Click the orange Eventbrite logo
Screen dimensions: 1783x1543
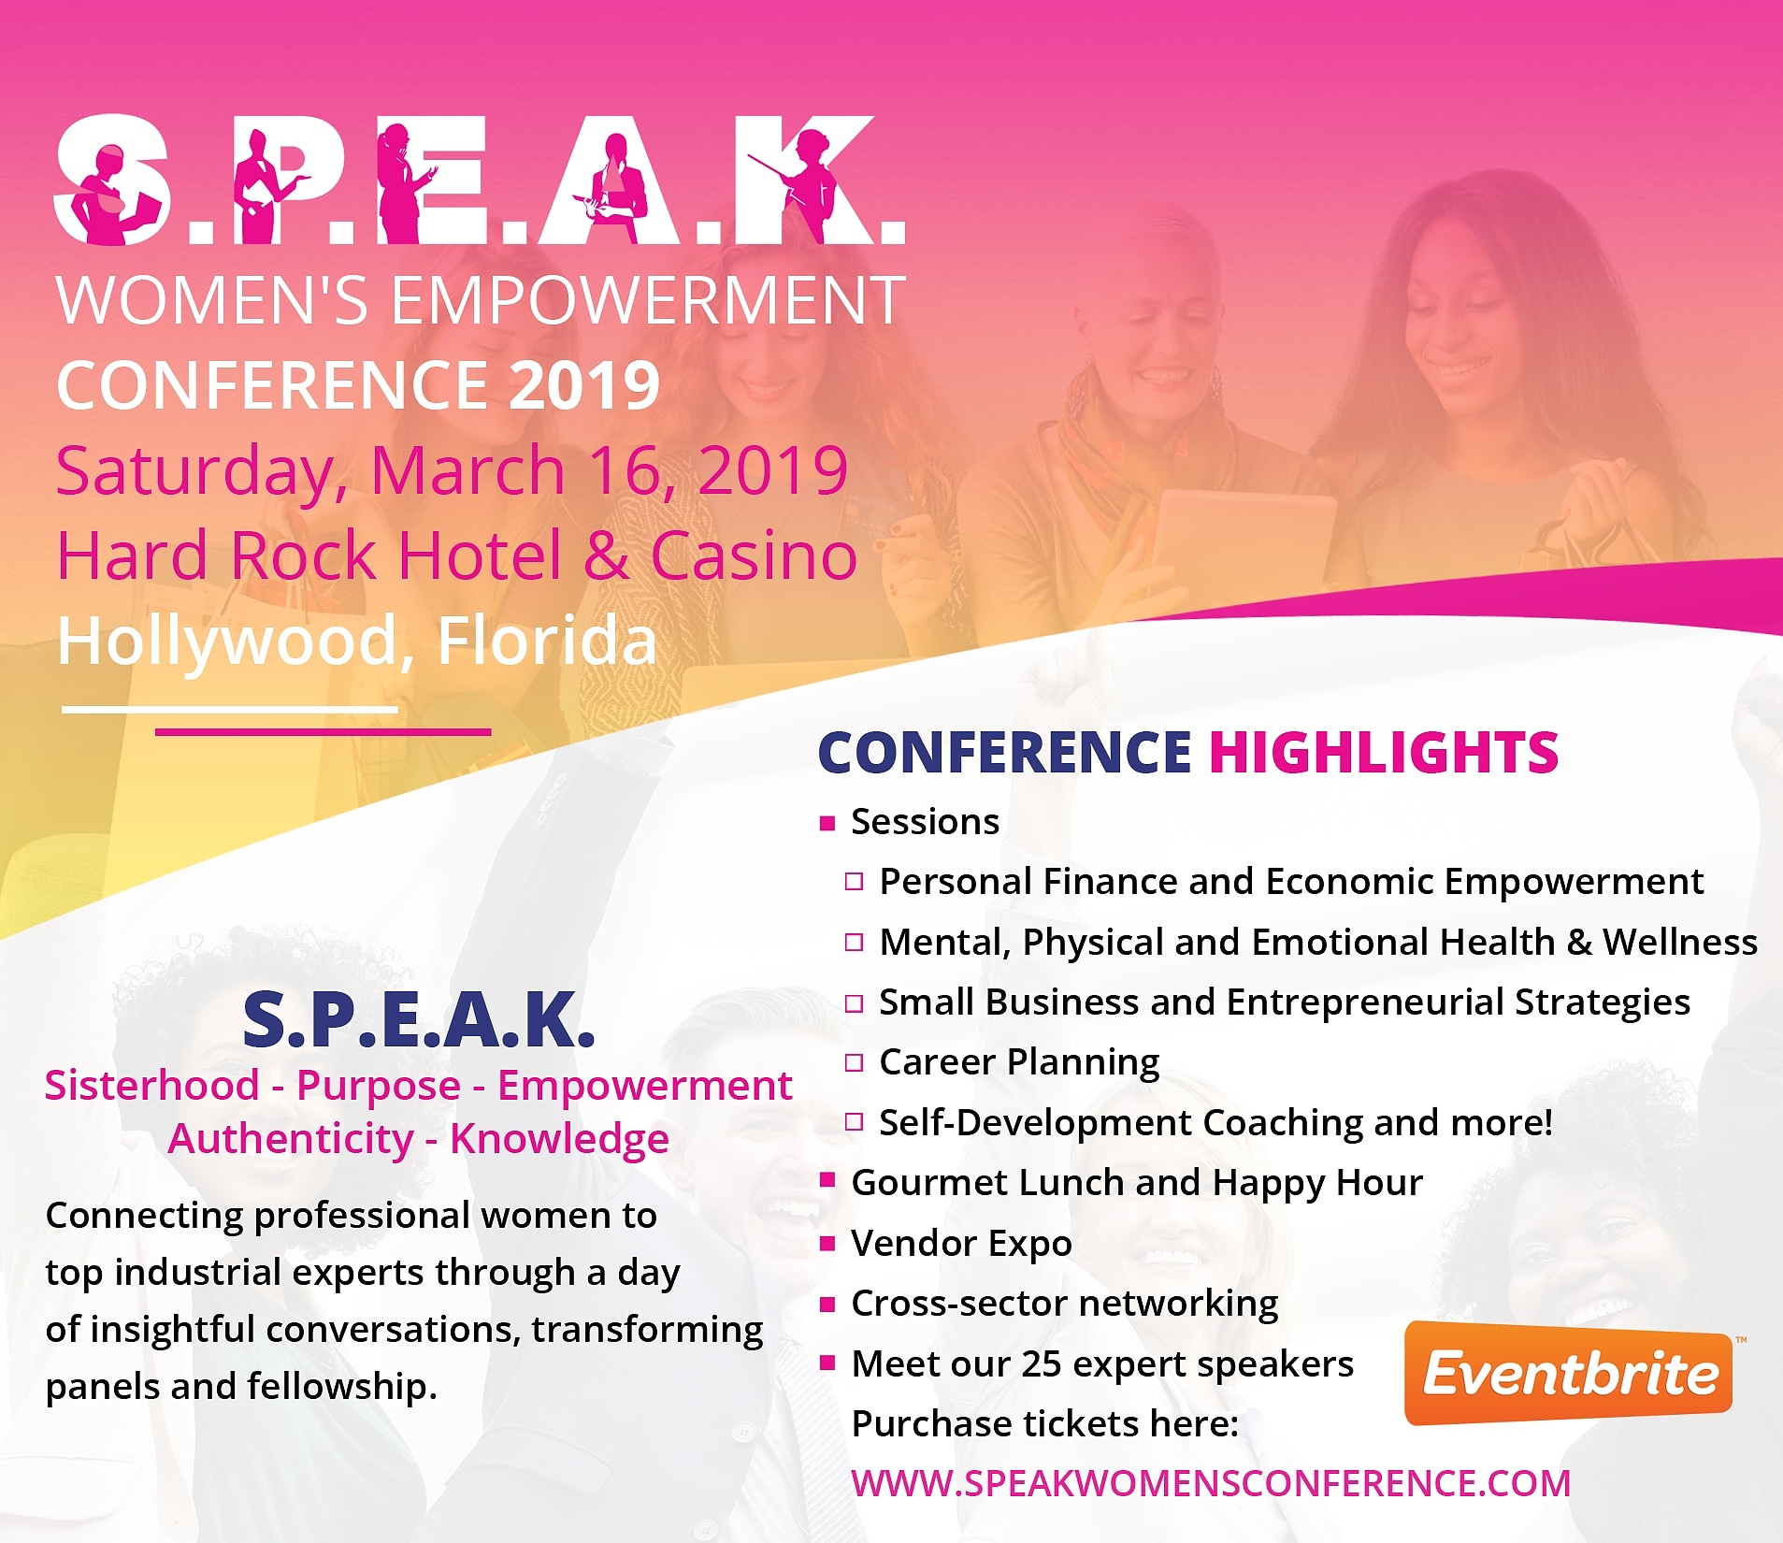tap(1568, 1373)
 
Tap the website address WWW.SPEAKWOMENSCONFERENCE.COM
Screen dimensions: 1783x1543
tap(1211, 1484)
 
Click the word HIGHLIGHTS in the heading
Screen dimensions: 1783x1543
tap(1384, 753)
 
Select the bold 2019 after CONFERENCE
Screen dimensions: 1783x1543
tap(584, 385)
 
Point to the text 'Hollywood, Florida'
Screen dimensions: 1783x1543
tap(357, 642)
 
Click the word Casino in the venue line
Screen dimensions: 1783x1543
tap(754, 555)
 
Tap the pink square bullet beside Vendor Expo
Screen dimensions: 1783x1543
tap(827, 1244)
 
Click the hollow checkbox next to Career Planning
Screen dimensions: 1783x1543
tap(854, 1062)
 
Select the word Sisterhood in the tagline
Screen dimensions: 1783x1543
tap(151, 1086)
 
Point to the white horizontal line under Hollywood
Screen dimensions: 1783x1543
tap(229, 710)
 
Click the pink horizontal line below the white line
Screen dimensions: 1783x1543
tap(323, 732)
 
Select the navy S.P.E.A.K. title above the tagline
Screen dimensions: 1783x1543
tap(419, 1019)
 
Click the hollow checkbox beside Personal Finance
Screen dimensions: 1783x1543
tap(854, 882)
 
